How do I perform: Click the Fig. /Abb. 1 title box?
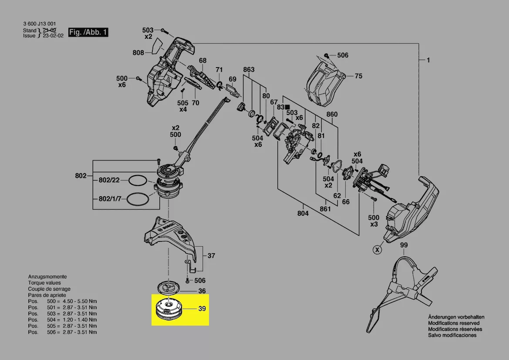(88, 33)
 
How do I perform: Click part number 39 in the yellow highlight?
(202, 309)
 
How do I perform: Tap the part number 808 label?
(138, 53)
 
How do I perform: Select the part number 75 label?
(358, 76)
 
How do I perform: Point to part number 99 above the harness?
(404, 246)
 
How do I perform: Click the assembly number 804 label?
(303, 213)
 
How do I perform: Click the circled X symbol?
(377, 250)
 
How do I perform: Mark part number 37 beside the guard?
(211, 256)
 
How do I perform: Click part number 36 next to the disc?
(202, 291)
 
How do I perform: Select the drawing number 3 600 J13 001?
(39, 24)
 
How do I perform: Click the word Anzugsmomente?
(47, 277)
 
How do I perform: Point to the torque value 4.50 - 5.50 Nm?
(80, 301)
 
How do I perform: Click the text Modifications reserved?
(453, 323)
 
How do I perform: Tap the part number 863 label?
(249, 70)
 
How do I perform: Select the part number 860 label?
(332, 115)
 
